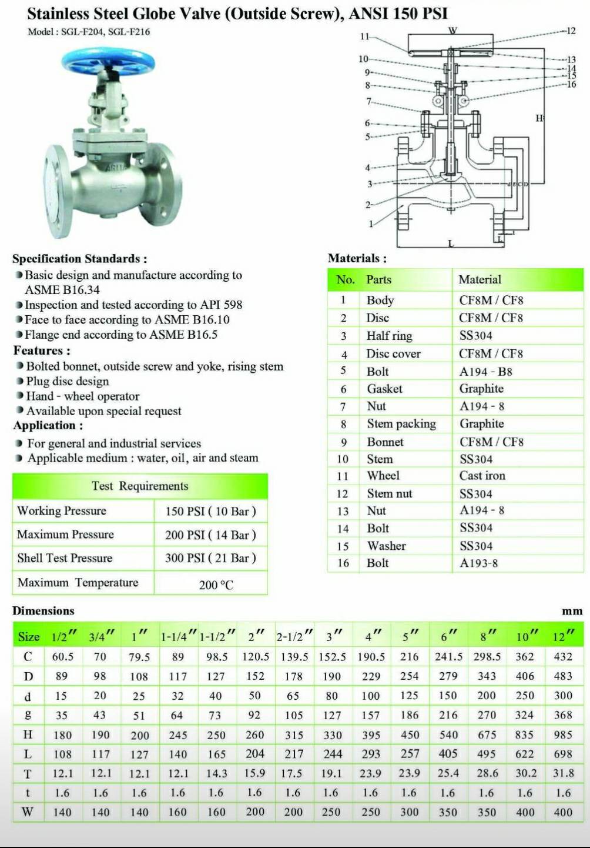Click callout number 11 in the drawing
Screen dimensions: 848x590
coord(364,36)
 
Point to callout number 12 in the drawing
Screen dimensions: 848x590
coord(571,31)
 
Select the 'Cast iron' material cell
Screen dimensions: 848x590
coord(482,476)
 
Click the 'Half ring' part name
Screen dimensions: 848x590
coord(389,336)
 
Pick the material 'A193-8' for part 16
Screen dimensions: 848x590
coord(478,563)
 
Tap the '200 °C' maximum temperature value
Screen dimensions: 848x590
coord(216,585)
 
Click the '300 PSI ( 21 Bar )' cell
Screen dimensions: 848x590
coord(210,558)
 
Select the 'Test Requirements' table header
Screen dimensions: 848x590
coord(140,486)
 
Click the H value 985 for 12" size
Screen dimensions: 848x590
coord(562,735)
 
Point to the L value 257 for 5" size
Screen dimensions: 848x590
coord(410,754)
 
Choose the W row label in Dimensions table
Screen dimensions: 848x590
coord(28,812)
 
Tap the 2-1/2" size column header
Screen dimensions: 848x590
coord(293,637)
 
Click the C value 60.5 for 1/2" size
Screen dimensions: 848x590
coord(62,657)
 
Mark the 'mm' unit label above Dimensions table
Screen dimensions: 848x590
coord(571,611)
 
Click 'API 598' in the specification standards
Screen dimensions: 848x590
coord(221,305)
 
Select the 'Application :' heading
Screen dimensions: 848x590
coord(48,425)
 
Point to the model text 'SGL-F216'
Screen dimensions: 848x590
coord(129,32)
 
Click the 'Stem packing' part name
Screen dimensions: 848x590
coord(401,424)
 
